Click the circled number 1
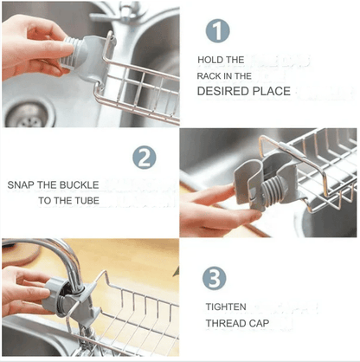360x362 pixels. [x=217, y=30]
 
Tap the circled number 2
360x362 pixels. [x=144, y=158]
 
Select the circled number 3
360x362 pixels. [x=215, y=278]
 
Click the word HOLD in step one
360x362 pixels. [x=210, y=60]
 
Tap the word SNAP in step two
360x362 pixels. [x=22, y=185]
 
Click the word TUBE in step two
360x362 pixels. [x=87, y=201]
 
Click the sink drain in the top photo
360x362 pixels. [x=22, y=113]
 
